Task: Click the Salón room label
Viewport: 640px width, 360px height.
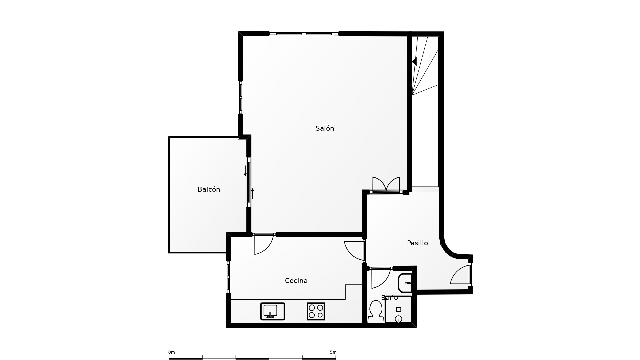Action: (324, 128)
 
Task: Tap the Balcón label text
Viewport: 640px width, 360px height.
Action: (208, 189)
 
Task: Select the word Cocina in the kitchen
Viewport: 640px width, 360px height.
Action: (295, 280)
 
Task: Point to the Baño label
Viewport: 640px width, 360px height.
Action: (389, 297)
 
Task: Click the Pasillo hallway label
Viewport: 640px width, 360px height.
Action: (418, 242)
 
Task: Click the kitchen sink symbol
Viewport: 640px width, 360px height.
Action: (271, 312)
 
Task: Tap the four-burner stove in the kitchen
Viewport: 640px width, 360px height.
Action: (316, 311)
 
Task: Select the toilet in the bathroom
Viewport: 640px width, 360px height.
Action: (375, 310)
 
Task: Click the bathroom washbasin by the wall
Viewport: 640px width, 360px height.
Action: (403, 281)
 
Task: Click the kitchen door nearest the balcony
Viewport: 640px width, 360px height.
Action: (265, 243)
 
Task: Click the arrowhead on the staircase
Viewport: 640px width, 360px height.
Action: (413, 62)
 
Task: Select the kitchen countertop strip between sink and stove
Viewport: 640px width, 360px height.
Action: (293, 312)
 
